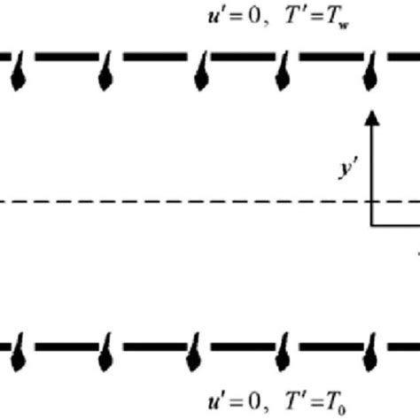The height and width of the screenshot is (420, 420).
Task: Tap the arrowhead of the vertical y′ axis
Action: point(372,118)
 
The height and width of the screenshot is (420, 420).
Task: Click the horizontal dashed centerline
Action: point(177,202)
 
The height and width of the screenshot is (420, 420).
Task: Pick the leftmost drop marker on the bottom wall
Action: point(19,355)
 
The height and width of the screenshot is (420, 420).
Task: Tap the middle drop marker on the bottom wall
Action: point(196,355)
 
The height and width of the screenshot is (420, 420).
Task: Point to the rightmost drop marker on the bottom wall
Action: point(373,355)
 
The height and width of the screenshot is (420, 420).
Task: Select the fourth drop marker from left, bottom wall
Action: point(284,355)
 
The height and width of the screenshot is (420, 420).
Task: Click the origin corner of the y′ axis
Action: point(372,225)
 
